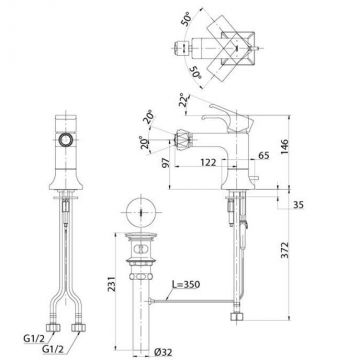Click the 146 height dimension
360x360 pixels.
[283, 148]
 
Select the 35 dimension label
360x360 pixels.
[297, 205]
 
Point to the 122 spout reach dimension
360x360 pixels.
[208, 162]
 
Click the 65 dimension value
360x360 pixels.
[263, 155]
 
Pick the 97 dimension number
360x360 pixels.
[166, 162]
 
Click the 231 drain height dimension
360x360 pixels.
[112, 284]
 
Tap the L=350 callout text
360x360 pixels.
[186, 284]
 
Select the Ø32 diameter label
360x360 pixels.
[164, 352]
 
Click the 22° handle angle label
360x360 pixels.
[183, 99]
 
